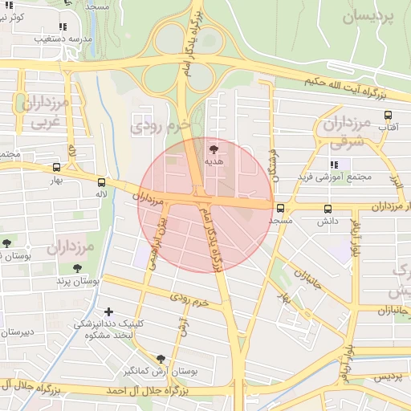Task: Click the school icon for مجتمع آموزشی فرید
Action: [x=334, y=165]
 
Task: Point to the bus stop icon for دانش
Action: [x=328, y=210]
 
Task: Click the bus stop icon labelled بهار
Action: [x=55, y=167]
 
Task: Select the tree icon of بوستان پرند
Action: [x=77, y=269]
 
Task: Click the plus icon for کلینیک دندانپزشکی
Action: [x=109, y=311]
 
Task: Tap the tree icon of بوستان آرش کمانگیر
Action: [x=161, y=359]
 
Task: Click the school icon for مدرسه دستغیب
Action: [x=63, y=26]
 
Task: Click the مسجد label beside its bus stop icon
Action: [x=281, y=219]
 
